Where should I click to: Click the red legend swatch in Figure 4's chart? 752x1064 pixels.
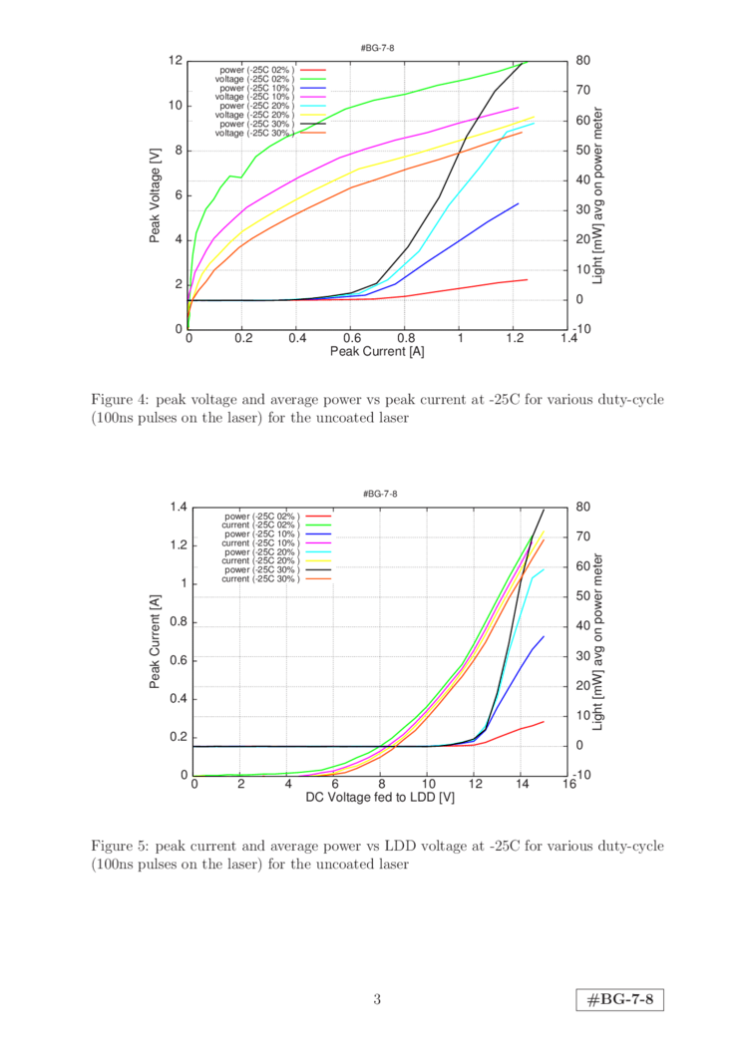pyautogui.click(x=313, y=70)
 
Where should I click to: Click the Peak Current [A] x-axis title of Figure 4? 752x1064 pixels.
pyautogui.click(x=378, y=351)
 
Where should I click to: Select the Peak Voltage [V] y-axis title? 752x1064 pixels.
pyautogui.click(x=156, y=194)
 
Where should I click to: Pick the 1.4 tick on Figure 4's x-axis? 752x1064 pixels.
pyautogui.click(x=568, y=339)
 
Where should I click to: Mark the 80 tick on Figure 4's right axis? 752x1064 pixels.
pyautogui.click(x=582, y=61)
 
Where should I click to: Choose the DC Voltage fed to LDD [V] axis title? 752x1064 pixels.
pyautogui.click(x=380, y=798)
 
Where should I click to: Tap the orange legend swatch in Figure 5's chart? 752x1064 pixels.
pyautogui.click(x=318, y=577)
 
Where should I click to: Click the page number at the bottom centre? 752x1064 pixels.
pyautogui.click(x=377, y=999)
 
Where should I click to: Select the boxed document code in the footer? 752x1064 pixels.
pyautogui.click(x=620, y=999)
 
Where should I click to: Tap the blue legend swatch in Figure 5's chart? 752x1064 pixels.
pyautogui.click(x=318, y=534)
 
